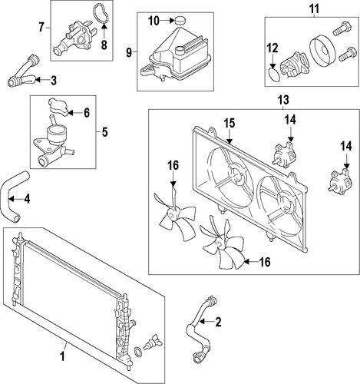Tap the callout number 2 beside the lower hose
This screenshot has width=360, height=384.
pyautogui.click(x=218, y=322)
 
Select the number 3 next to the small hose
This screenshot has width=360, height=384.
pyautogui.click(x=53, y=81)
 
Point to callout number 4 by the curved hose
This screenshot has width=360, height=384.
pyautogui.click(x=27, y=199)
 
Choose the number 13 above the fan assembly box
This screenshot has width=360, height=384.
pyautogui.click(x=284, y=100)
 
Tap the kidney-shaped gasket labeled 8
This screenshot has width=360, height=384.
pyautogui.click(x=100, y=14)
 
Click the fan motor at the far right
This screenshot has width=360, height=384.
pyautogui.click(x=341, y=180)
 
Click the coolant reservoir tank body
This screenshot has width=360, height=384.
pyautogui.click(x=177, y=55)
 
